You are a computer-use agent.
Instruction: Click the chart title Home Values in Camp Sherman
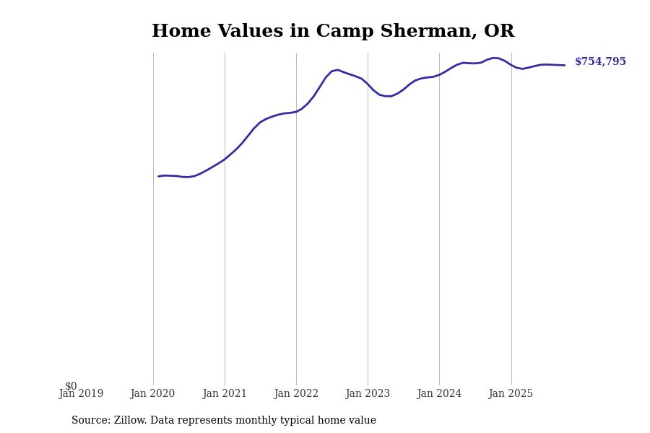[x=332, y=32]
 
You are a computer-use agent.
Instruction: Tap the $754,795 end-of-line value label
[x=600, y=62]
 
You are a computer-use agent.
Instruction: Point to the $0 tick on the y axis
[x=71, y=386]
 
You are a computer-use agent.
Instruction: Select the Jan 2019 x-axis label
[x=81, y=394]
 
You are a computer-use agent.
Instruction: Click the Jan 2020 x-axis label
[x=152, y=394]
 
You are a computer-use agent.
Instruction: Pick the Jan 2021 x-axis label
[x=225, y=394]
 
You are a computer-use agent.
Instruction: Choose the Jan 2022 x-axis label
[x=296, y=394]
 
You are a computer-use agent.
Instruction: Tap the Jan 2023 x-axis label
[x=368, y=394]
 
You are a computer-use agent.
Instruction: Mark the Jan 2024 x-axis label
[x=439, y=394]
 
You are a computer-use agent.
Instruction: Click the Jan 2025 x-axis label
[x=511, y=394]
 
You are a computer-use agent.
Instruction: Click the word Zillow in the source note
[x=130, y=421]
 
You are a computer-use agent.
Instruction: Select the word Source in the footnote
[x=90, y=421]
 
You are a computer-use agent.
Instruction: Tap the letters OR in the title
[x=499, y=32]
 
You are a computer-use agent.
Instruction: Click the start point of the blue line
[x=159, y=176]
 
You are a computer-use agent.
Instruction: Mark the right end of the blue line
[x=564, y=65]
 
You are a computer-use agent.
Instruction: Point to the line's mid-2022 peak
[x=337, y=70]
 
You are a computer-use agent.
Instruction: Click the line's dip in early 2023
[x=389, y=96]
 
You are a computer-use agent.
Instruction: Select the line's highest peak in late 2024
[x=494, y=58]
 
